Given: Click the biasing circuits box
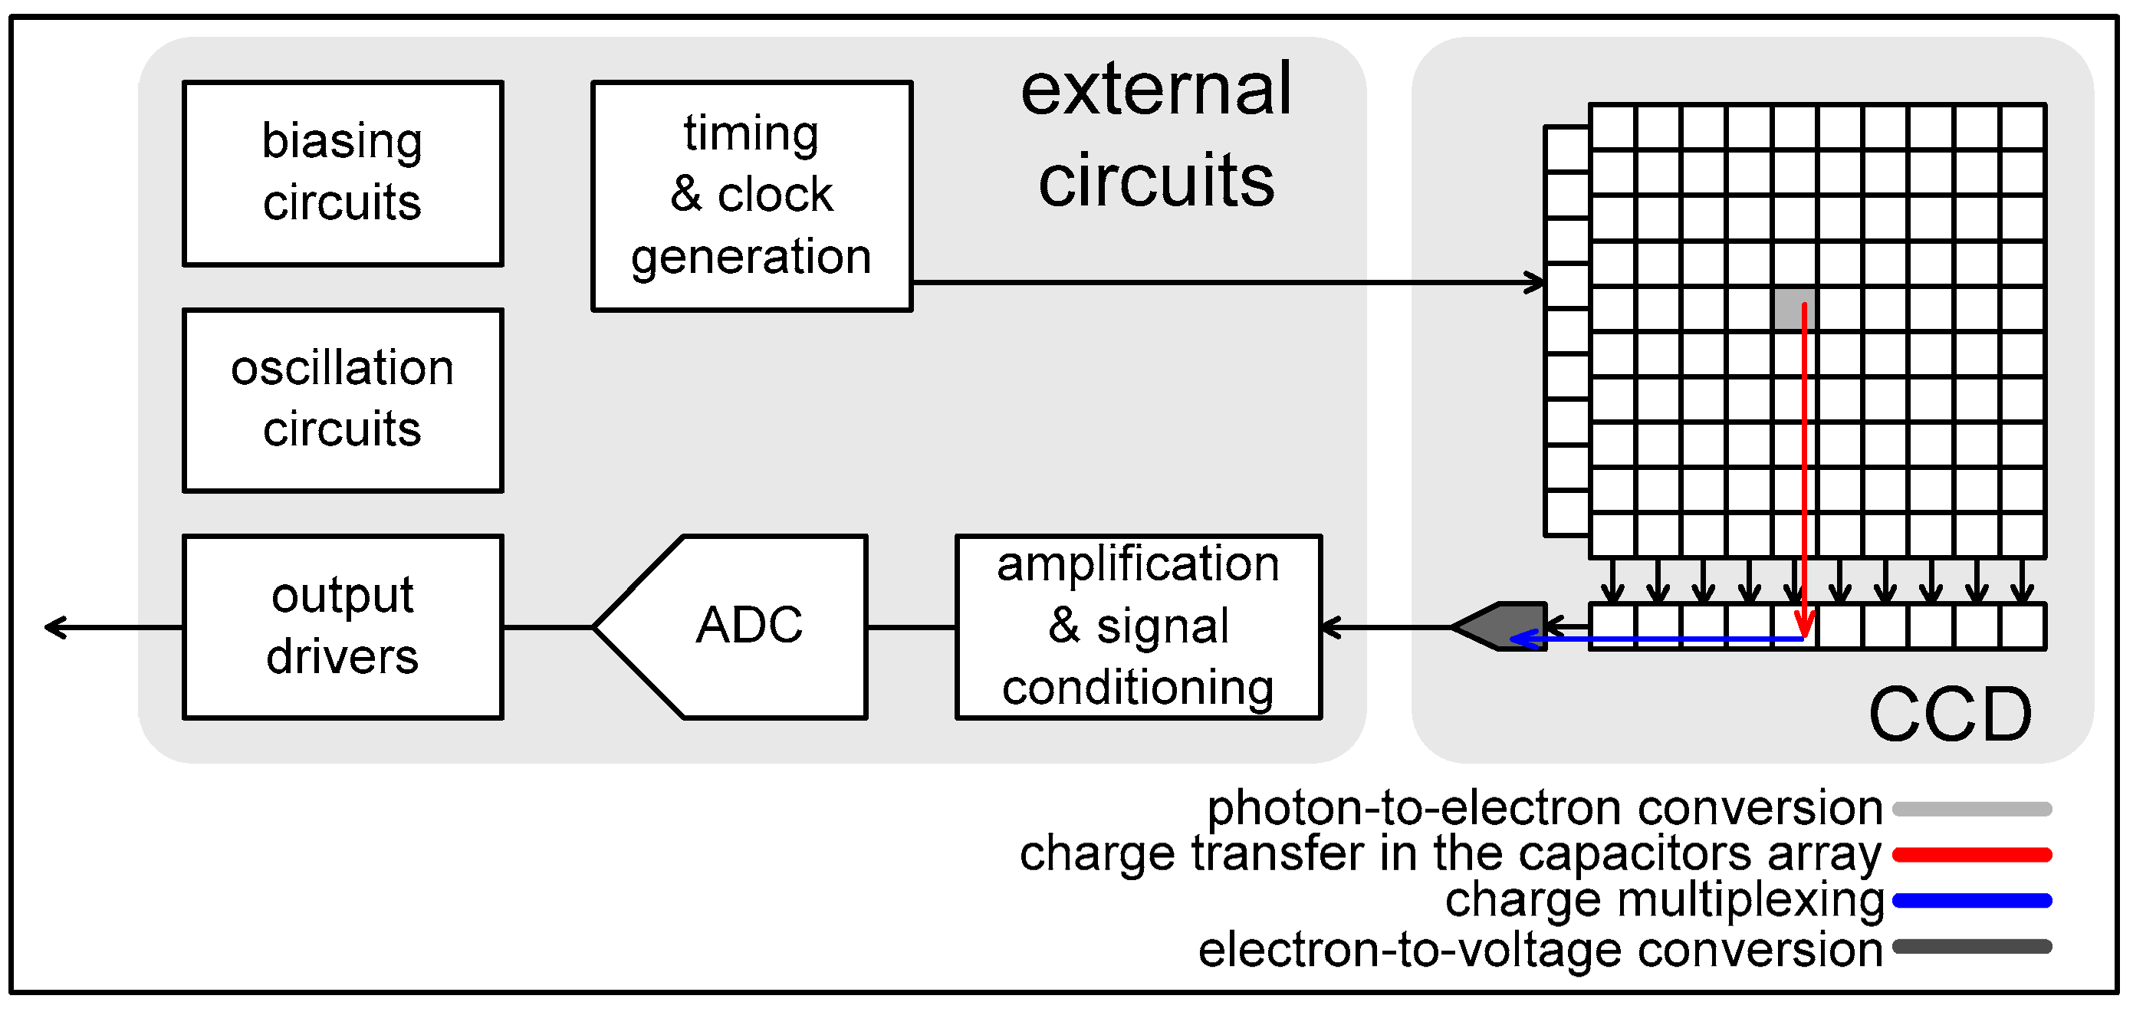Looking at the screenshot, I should click(343, 173).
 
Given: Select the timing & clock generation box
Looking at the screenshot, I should click(752, 196).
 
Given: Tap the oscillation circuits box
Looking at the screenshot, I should click(343, 401).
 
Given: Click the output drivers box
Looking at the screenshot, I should click(343, 627).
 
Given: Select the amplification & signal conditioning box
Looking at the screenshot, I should click(1139, 627).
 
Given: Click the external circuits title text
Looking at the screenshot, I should click(1156, 134).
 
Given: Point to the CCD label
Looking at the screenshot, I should click(1951, 714).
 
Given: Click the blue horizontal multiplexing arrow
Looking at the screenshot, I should click(1656, 639).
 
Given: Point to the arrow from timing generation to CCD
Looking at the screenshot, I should click(1225, 283).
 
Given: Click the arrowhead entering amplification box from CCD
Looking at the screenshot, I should click(1329, 628).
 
